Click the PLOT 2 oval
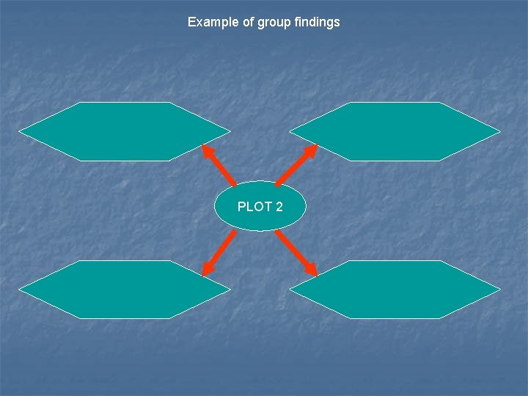260,206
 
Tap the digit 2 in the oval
279,207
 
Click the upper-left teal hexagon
124,131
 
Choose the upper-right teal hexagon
395,131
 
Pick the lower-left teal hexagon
124,290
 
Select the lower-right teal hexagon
395,290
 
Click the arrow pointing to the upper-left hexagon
219,165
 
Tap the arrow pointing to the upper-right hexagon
296,164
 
